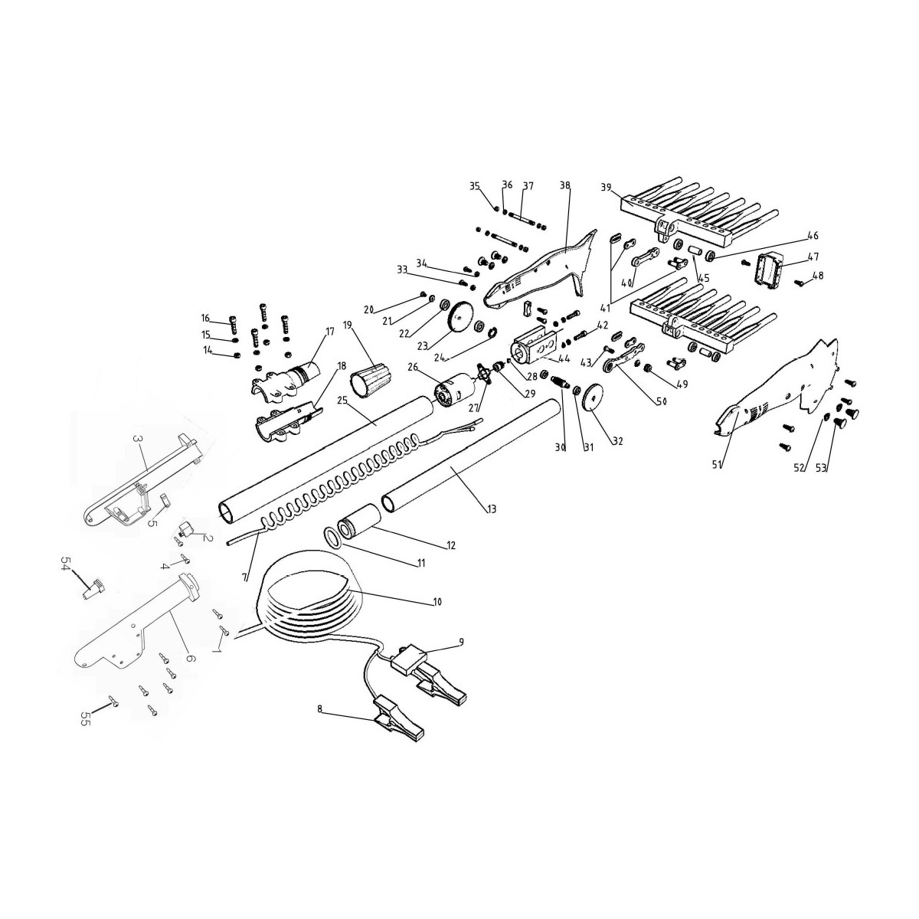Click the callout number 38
coord(565,186)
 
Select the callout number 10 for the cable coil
coord(437,603)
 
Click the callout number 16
coord(205,319)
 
